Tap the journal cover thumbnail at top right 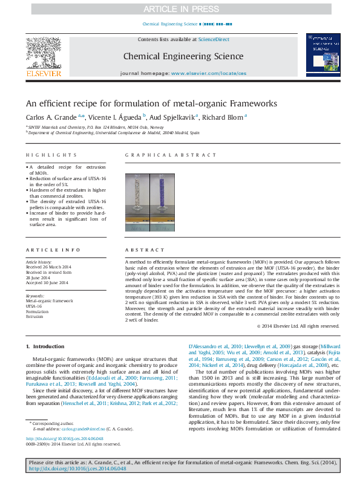tap(322, 54)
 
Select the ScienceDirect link tap(214, 39)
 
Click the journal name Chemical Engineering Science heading tap(183, 57)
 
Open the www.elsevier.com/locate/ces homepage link tap(209, 73)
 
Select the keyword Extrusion tap(34, 316)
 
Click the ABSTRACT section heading tap(139, 250)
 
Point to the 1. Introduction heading tap(45, 346)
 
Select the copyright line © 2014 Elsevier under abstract tap(298, 326)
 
